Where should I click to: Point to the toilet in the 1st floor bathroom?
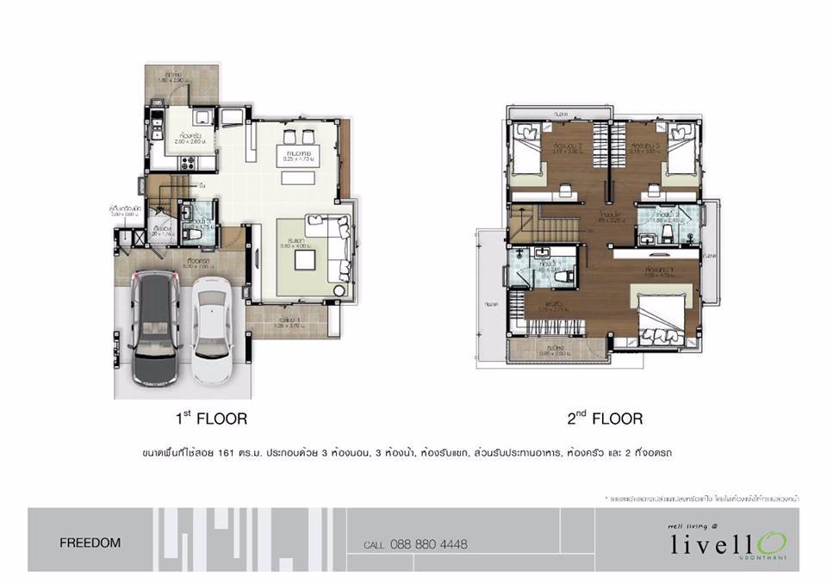point(195,232)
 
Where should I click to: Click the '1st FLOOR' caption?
point(211,419)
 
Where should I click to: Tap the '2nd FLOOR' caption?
point(604,419)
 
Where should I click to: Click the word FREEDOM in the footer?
point(90,544)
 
